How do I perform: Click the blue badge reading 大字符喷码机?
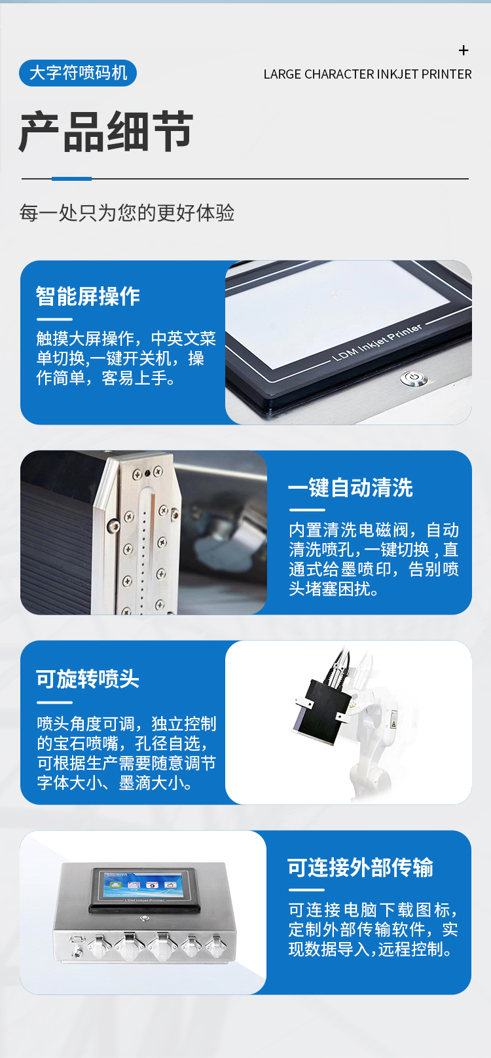(x=78, y=73)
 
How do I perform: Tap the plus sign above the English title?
(x=464, y=50)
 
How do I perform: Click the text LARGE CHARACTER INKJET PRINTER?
(x=367, y=75)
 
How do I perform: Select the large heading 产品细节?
(x=106, y=132)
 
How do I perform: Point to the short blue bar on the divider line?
(x=71, y=178)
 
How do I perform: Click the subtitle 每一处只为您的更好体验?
(x=127, y=213)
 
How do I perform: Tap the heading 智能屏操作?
(x=88, y=296)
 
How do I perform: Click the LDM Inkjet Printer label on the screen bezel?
(x=377, y=343)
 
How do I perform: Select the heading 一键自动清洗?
(x=350, y=487)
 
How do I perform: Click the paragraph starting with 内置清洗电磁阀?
(x=374, y=559)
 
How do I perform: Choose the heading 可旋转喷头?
(x=87, y=679)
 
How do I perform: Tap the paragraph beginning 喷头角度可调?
(x=126, y=753)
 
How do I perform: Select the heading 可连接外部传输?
(x=360, y=867)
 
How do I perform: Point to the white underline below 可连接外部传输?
(x=306, y=890)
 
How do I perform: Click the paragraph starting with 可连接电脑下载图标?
(x=373, y=929)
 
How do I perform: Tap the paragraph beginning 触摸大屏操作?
(x=126, y=358)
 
